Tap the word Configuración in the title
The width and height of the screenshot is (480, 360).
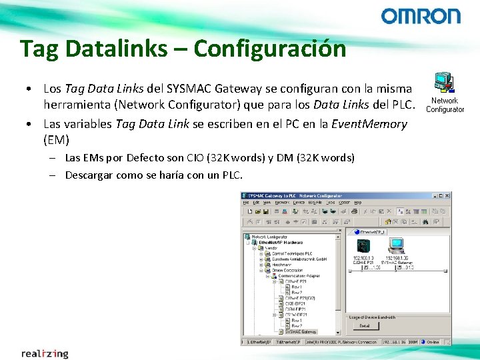point(270,49)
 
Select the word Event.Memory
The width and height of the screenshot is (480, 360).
point(370,123)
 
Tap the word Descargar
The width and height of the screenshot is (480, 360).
point(88,175)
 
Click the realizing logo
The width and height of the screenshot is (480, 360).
point(45,353)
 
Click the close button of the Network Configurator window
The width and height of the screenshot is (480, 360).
point(446,196)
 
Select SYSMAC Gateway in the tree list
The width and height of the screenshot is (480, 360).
point(301,331)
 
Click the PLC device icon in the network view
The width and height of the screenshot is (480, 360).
point(363,245)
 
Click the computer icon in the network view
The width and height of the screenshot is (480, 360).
point(397,245)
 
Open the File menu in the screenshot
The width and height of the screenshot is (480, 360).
point(245,203)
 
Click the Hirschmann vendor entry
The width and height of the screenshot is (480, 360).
point(282,264)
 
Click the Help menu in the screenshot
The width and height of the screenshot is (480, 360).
point(358,203)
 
